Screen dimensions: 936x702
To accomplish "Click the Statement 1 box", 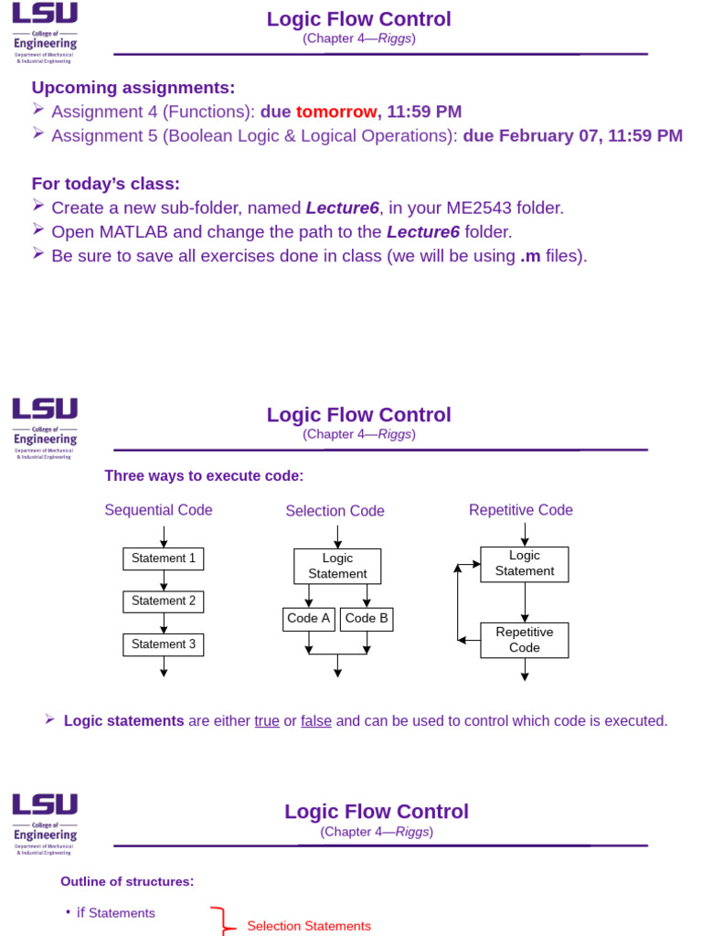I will (164, 558).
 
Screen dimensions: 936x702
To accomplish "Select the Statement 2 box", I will (164, 601).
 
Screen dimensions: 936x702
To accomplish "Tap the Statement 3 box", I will (164, 644).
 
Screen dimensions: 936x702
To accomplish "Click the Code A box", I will (309, 619).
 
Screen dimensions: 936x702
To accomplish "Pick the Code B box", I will (367, 619).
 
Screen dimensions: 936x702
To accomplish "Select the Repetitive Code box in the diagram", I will (525, 640).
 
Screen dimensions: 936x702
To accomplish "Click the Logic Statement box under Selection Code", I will (337, 566).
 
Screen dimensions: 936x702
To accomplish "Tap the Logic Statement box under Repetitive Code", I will (525, 564).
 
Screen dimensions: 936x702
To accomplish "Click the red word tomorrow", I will (335, 112).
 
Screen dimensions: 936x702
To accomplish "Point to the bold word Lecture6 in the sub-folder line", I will (342, 207).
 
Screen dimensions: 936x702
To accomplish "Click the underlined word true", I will (267, 721).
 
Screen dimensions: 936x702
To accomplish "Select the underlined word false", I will (316, 721).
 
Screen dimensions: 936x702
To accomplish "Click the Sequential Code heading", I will (158, 510).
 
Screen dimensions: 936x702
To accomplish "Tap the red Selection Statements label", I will (309, 926).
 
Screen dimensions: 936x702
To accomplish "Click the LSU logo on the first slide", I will (45, 15).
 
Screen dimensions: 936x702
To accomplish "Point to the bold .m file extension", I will (530, 256).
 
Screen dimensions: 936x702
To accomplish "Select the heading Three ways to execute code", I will (204, 476).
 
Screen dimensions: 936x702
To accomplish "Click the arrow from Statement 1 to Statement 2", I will (164, 580).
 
